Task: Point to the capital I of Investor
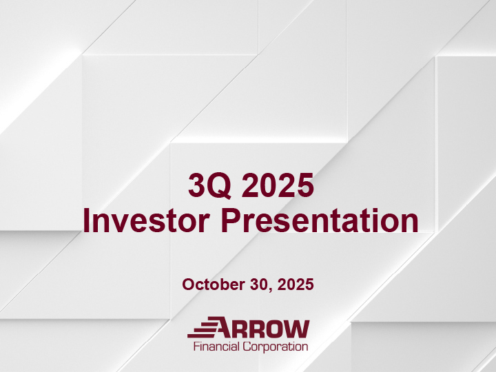coord(86,222)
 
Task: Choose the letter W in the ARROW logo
coord(298,328)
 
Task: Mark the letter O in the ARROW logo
coord(277,328)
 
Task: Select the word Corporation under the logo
coord(276,347)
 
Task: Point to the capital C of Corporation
coord(247,347)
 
